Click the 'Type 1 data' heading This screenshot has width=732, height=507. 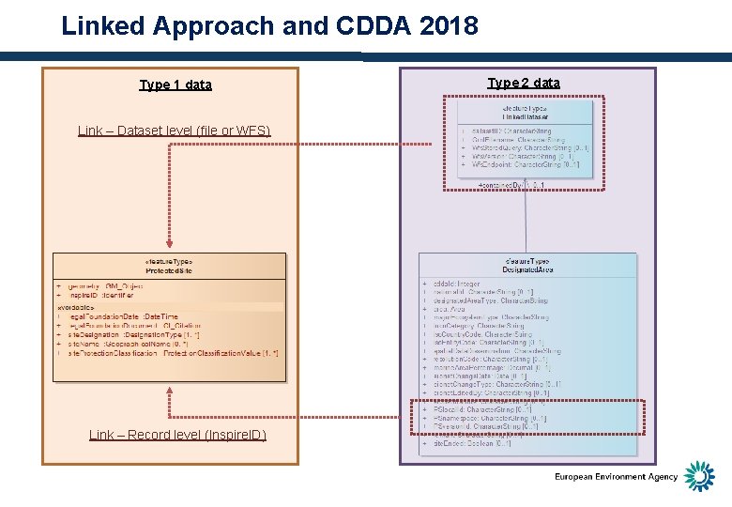(175, 84)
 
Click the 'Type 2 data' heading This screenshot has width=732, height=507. (524, 83)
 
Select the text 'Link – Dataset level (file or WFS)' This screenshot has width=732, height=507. (175, 131)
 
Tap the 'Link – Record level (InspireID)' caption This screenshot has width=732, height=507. (177, 435)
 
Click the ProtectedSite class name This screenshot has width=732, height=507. (169, 270)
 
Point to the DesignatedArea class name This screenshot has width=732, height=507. (527, 269)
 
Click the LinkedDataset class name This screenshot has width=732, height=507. (526, 116)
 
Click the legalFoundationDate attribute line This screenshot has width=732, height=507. (123, 317)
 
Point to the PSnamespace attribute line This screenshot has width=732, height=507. (489, 419)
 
